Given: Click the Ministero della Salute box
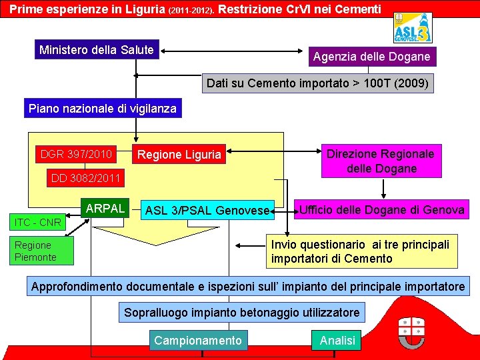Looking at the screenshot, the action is pos(97,50).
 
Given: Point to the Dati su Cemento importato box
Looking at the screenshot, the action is pos(317,83).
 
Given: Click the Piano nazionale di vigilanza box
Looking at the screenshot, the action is pos(102,109).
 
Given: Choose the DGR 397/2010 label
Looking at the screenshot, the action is pos(76,154).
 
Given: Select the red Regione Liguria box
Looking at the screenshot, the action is pos(179,155).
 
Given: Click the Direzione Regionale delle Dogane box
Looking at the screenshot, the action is pos(380,161).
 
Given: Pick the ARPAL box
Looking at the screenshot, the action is pos(105,209).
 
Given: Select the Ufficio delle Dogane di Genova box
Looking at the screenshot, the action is pos(381,210).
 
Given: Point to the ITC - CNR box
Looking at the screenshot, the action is pos(37,222).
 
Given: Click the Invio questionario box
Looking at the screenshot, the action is pos(360,251).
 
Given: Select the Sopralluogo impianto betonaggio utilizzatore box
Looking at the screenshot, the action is pos(241,312).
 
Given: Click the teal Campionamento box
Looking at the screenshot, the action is pos(198,341).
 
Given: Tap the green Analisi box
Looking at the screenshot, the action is pos(337,341).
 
